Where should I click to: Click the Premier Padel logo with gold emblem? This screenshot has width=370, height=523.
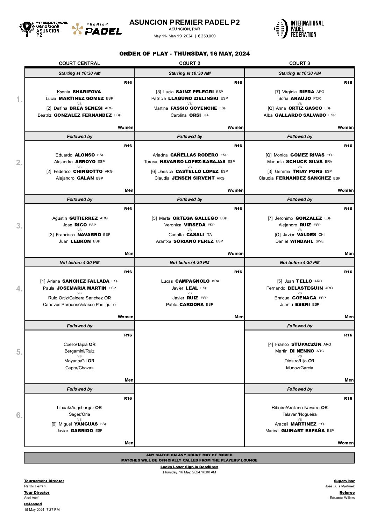click(97, 29)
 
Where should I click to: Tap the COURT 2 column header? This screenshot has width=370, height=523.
click(190, 63)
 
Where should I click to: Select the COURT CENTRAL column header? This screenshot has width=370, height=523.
click(79, 63)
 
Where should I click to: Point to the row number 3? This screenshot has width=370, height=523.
click(19, 226)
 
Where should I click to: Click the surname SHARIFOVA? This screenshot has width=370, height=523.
click(87, 92)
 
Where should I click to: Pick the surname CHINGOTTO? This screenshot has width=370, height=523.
click(88, 171)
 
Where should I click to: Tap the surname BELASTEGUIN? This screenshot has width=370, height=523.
click(305, 288)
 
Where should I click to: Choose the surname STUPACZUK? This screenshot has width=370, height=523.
click(306, 344)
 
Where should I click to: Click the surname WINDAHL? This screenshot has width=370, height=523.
click(301, 241)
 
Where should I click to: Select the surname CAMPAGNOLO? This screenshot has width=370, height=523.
click(192, 281)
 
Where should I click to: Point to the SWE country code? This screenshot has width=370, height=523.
click(320, 241)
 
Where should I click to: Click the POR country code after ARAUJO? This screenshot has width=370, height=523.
click(317, 98)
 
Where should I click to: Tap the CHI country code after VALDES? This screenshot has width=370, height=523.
click(321, 234)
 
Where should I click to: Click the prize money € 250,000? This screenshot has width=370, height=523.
click(207, 36)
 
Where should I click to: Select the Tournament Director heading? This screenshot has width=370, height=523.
click(44, 481)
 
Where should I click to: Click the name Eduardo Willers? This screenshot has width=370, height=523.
click(342, 497)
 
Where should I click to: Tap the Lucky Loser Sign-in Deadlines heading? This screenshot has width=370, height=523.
click(189, 467)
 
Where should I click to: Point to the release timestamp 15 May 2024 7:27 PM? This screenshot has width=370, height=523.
click(42, 509)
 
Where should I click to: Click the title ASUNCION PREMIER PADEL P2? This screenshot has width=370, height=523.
click(185, 22)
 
